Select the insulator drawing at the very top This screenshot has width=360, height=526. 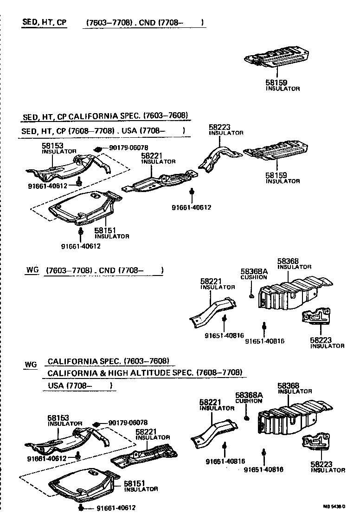click(276, 56)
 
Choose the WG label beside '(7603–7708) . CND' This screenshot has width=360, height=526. click(31, 270)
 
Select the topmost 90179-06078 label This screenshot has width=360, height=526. click(129, 148)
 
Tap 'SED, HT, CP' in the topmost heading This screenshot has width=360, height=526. click(45, 22)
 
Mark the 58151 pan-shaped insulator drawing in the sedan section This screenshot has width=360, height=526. click(84, 207)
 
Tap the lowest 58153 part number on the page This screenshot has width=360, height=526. click(58, 418)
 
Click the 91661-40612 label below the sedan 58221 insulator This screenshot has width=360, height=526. click(192, 207)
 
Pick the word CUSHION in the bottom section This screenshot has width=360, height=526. click(249, 401)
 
